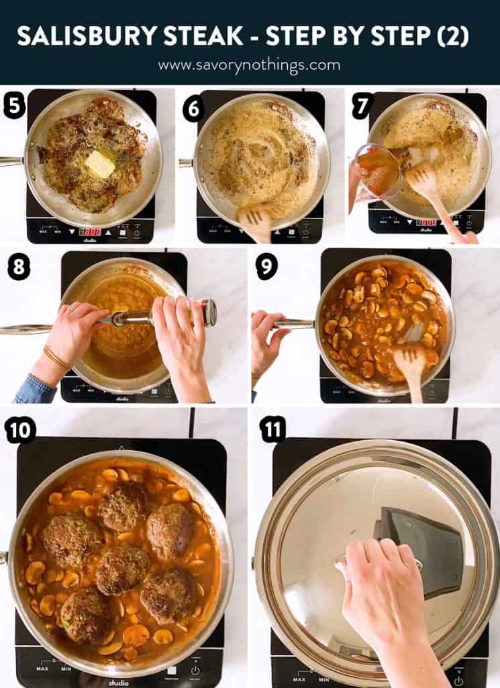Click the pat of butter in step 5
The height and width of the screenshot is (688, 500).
coord(100,163)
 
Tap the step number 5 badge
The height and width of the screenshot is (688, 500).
coord(14,106)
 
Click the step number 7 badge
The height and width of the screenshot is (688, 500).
coord(363,106)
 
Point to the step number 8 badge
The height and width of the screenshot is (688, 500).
coord(19,267)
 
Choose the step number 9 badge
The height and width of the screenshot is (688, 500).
coord(266,267)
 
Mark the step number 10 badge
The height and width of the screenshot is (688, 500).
coord(19,429)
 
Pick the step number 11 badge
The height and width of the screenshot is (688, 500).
coord(272,429)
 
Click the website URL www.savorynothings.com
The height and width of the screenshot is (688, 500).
coord(249,65)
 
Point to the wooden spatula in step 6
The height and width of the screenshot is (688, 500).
coord(256,219)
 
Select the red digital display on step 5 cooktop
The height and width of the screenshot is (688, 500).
coord(91,231)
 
